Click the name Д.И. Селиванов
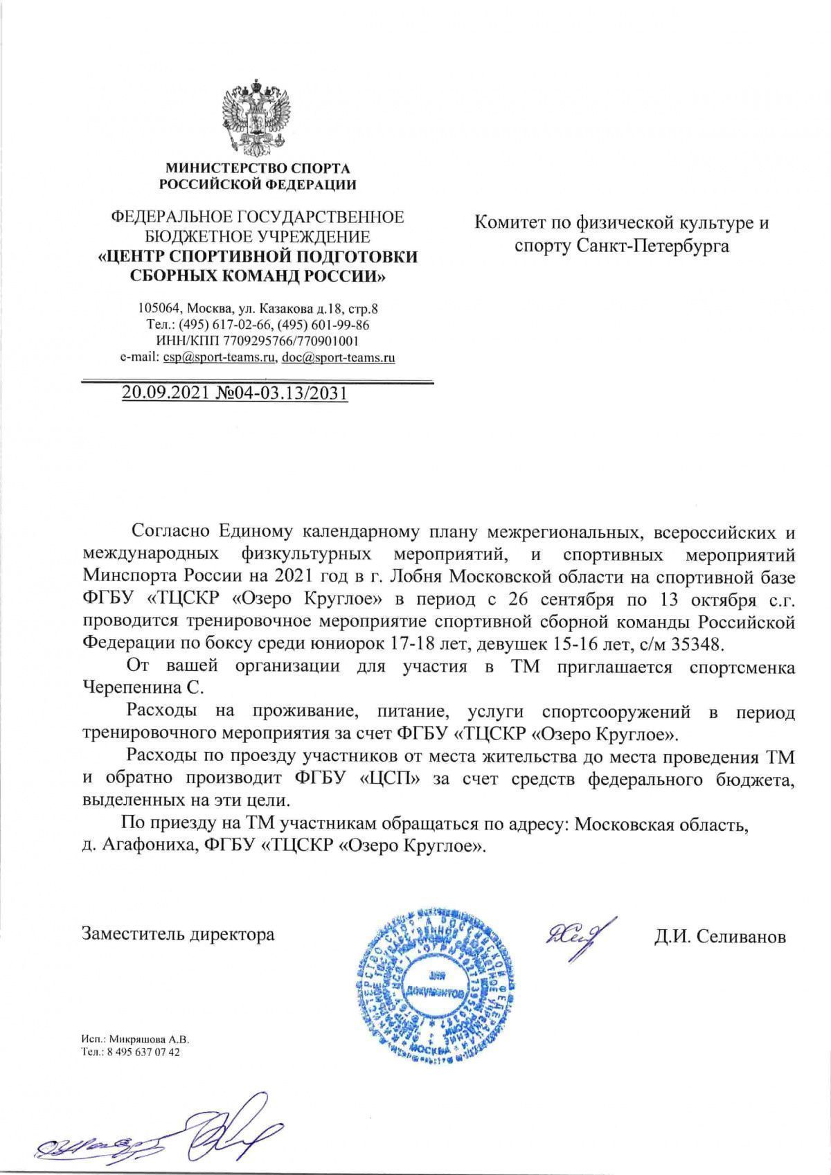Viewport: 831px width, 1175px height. [720, 937]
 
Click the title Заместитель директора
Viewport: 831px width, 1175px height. [178, 934]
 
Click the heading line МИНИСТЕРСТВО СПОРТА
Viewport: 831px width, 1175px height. [257, 168]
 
